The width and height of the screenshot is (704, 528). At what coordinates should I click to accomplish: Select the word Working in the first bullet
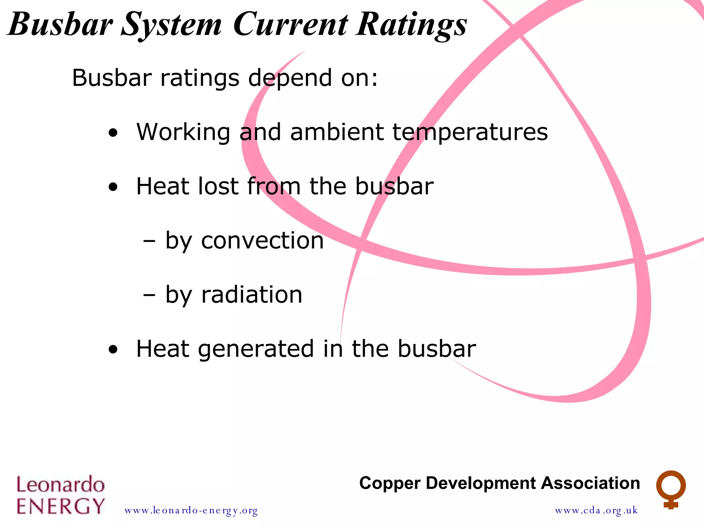183,133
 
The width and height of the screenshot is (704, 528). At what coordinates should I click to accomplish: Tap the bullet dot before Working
113,133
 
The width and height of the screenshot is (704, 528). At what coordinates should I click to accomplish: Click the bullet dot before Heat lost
113,187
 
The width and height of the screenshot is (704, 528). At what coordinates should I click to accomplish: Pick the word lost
218,186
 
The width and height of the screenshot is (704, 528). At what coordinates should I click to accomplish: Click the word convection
262,240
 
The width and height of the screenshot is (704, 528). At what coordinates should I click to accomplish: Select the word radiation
252,295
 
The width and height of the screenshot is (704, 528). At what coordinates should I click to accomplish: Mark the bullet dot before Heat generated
113,350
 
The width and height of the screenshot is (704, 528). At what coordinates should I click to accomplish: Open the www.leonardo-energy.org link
191,510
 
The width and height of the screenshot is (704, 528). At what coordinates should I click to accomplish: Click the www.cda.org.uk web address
596,510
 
